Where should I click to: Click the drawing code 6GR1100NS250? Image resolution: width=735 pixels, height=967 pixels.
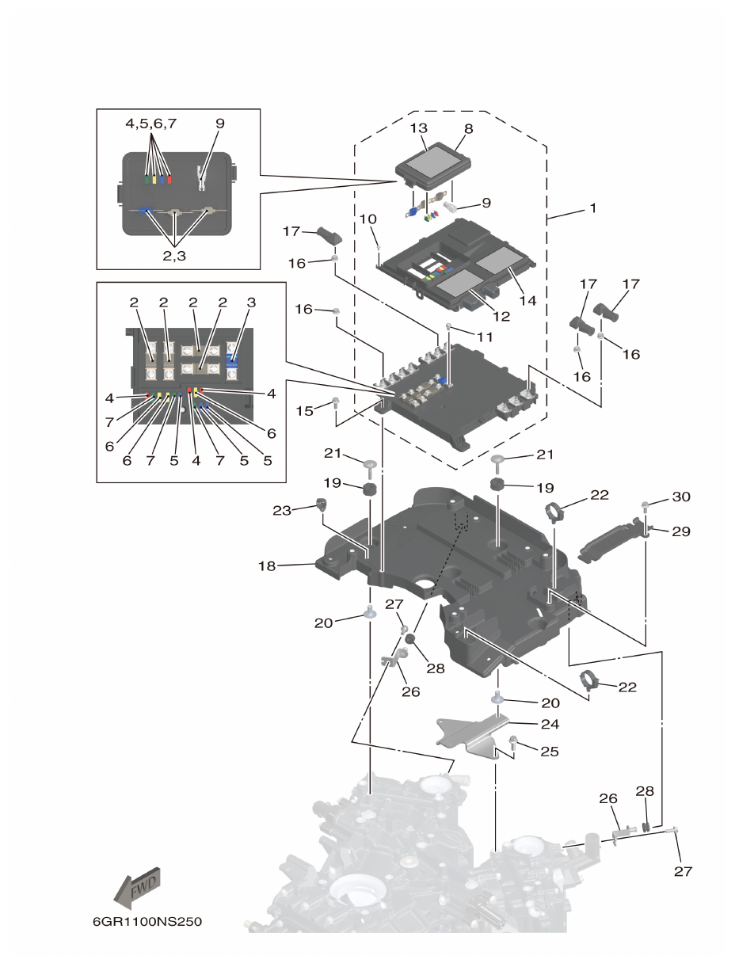point(143,923)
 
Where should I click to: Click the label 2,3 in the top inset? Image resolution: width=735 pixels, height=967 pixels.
point(176,256)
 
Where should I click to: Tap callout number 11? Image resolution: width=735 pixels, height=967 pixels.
point(484,336)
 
